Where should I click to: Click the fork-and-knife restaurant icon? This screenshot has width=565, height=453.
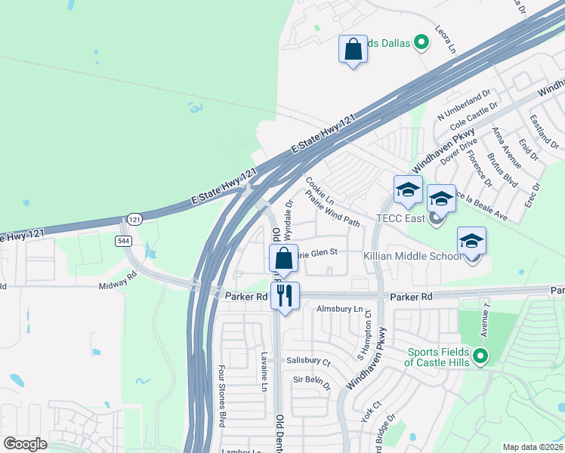click(285, 295)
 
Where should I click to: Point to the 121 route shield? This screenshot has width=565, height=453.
click(134, 219)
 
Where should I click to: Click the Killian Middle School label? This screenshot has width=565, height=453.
click(412, 257)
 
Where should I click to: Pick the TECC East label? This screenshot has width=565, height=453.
click(403, 219)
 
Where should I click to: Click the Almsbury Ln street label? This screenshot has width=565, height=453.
click(340, 309)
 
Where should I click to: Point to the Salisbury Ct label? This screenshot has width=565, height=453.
click(309, 361)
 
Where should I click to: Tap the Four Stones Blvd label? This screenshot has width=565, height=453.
click(222, 396)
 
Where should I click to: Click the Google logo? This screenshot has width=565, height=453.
click(26, 443)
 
